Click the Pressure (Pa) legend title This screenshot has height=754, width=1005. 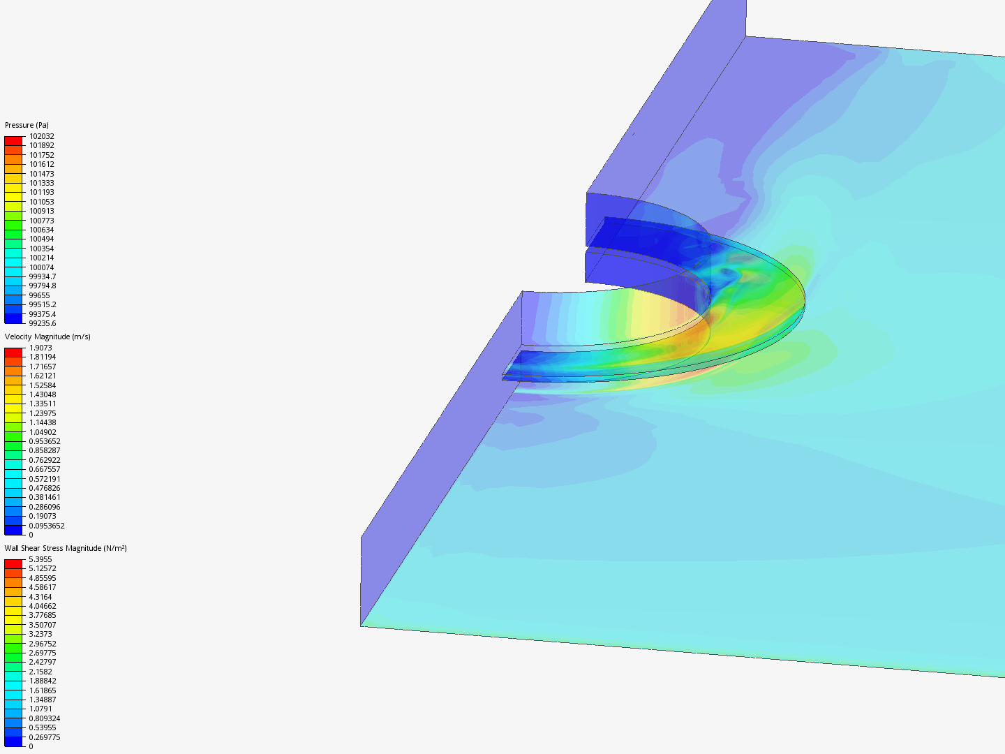pyautogui.click(x=27, y=126)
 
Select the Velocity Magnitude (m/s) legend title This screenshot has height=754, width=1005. pyautogui.click(x=47, y=337)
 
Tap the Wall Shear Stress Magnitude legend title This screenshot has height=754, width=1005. pyautogui.click(x=66, y=548)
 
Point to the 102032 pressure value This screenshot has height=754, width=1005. pyautogui.click(x=41, y=136)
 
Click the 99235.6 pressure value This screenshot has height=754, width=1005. pyautogui.click(x=42, y=323)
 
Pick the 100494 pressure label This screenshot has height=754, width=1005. pyautogui.click(x=41, y=239)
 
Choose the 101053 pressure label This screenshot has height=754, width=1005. pyautogui.click(x=41, y=202)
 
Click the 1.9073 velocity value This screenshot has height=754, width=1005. pyautogui.click(x=40, y=348)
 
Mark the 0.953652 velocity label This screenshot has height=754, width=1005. pyautogui.click(x=45, y=441)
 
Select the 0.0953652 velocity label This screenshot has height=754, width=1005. pyautogui.click(x=47, y=526)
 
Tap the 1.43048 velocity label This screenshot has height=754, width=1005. pyautogui.click(x=43, y=394)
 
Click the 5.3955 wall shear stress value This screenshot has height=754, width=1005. pyautogui.click(x=40, y=559)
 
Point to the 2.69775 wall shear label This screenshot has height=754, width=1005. pyautogui.click(x=43, y=653)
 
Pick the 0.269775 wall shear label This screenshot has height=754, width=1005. pyautogui.click(x=45, y=737)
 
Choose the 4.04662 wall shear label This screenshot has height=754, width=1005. pyautogui.click(x=43, y=606)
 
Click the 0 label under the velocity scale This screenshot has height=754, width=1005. pyautogui.click(x=31, y=535)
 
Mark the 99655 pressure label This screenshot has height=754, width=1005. pyautogui.click(x=40, y=295)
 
